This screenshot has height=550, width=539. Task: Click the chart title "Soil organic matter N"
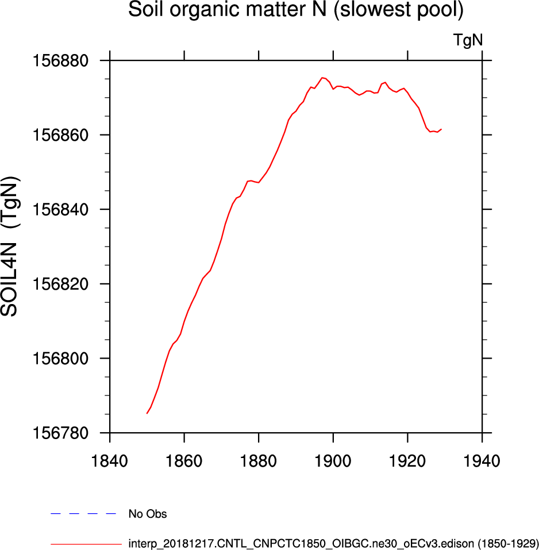pos(296,10)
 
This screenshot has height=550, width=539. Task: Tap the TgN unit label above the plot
pos(468,40)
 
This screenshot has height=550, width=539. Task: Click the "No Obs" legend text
pos(147,514)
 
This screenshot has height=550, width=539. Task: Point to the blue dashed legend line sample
pos(83,513)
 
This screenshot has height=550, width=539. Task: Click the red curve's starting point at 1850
pos(147,413)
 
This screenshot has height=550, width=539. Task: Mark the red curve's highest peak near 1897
pos(322,77)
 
